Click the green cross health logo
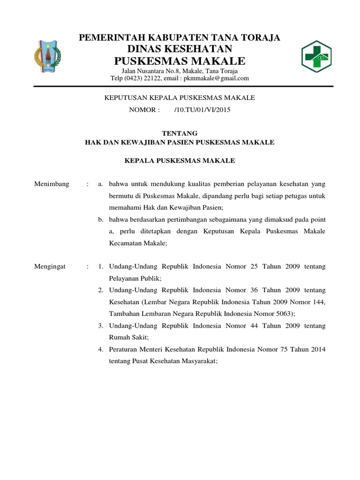tap(315, 57)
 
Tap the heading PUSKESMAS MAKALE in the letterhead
tap(180, 61)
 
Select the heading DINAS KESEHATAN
tap(180, 49)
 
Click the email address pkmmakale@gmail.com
tap(216, 78)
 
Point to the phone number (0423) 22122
tap(141, 78)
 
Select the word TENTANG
tap(180, 134)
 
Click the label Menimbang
tap(52, 184)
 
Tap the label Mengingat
tap(51, 266)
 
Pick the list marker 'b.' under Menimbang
tap(100, 219)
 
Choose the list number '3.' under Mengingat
tap(100, 325)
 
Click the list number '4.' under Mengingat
tap(100, 349)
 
